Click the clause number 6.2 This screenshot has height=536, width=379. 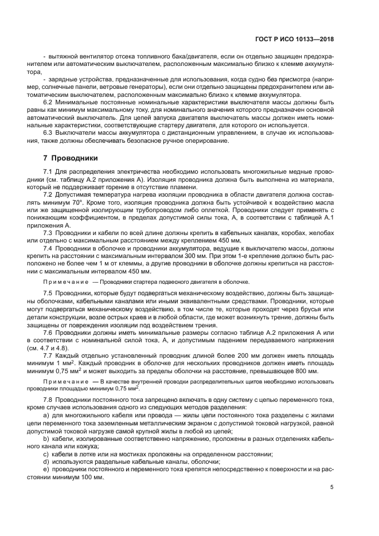pyautogui.click(x=49, y=101)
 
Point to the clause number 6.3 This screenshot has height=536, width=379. pyautogui.click(x=49, y=133)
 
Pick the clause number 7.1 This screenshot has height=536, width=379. pyautogui.click(x=49, y=171)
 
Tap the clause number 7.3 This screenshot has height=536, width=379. pyautogui.click(x=49, y=233)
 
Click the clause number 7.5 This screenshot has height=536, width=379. pyautogui.click(x=49, y=293)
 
